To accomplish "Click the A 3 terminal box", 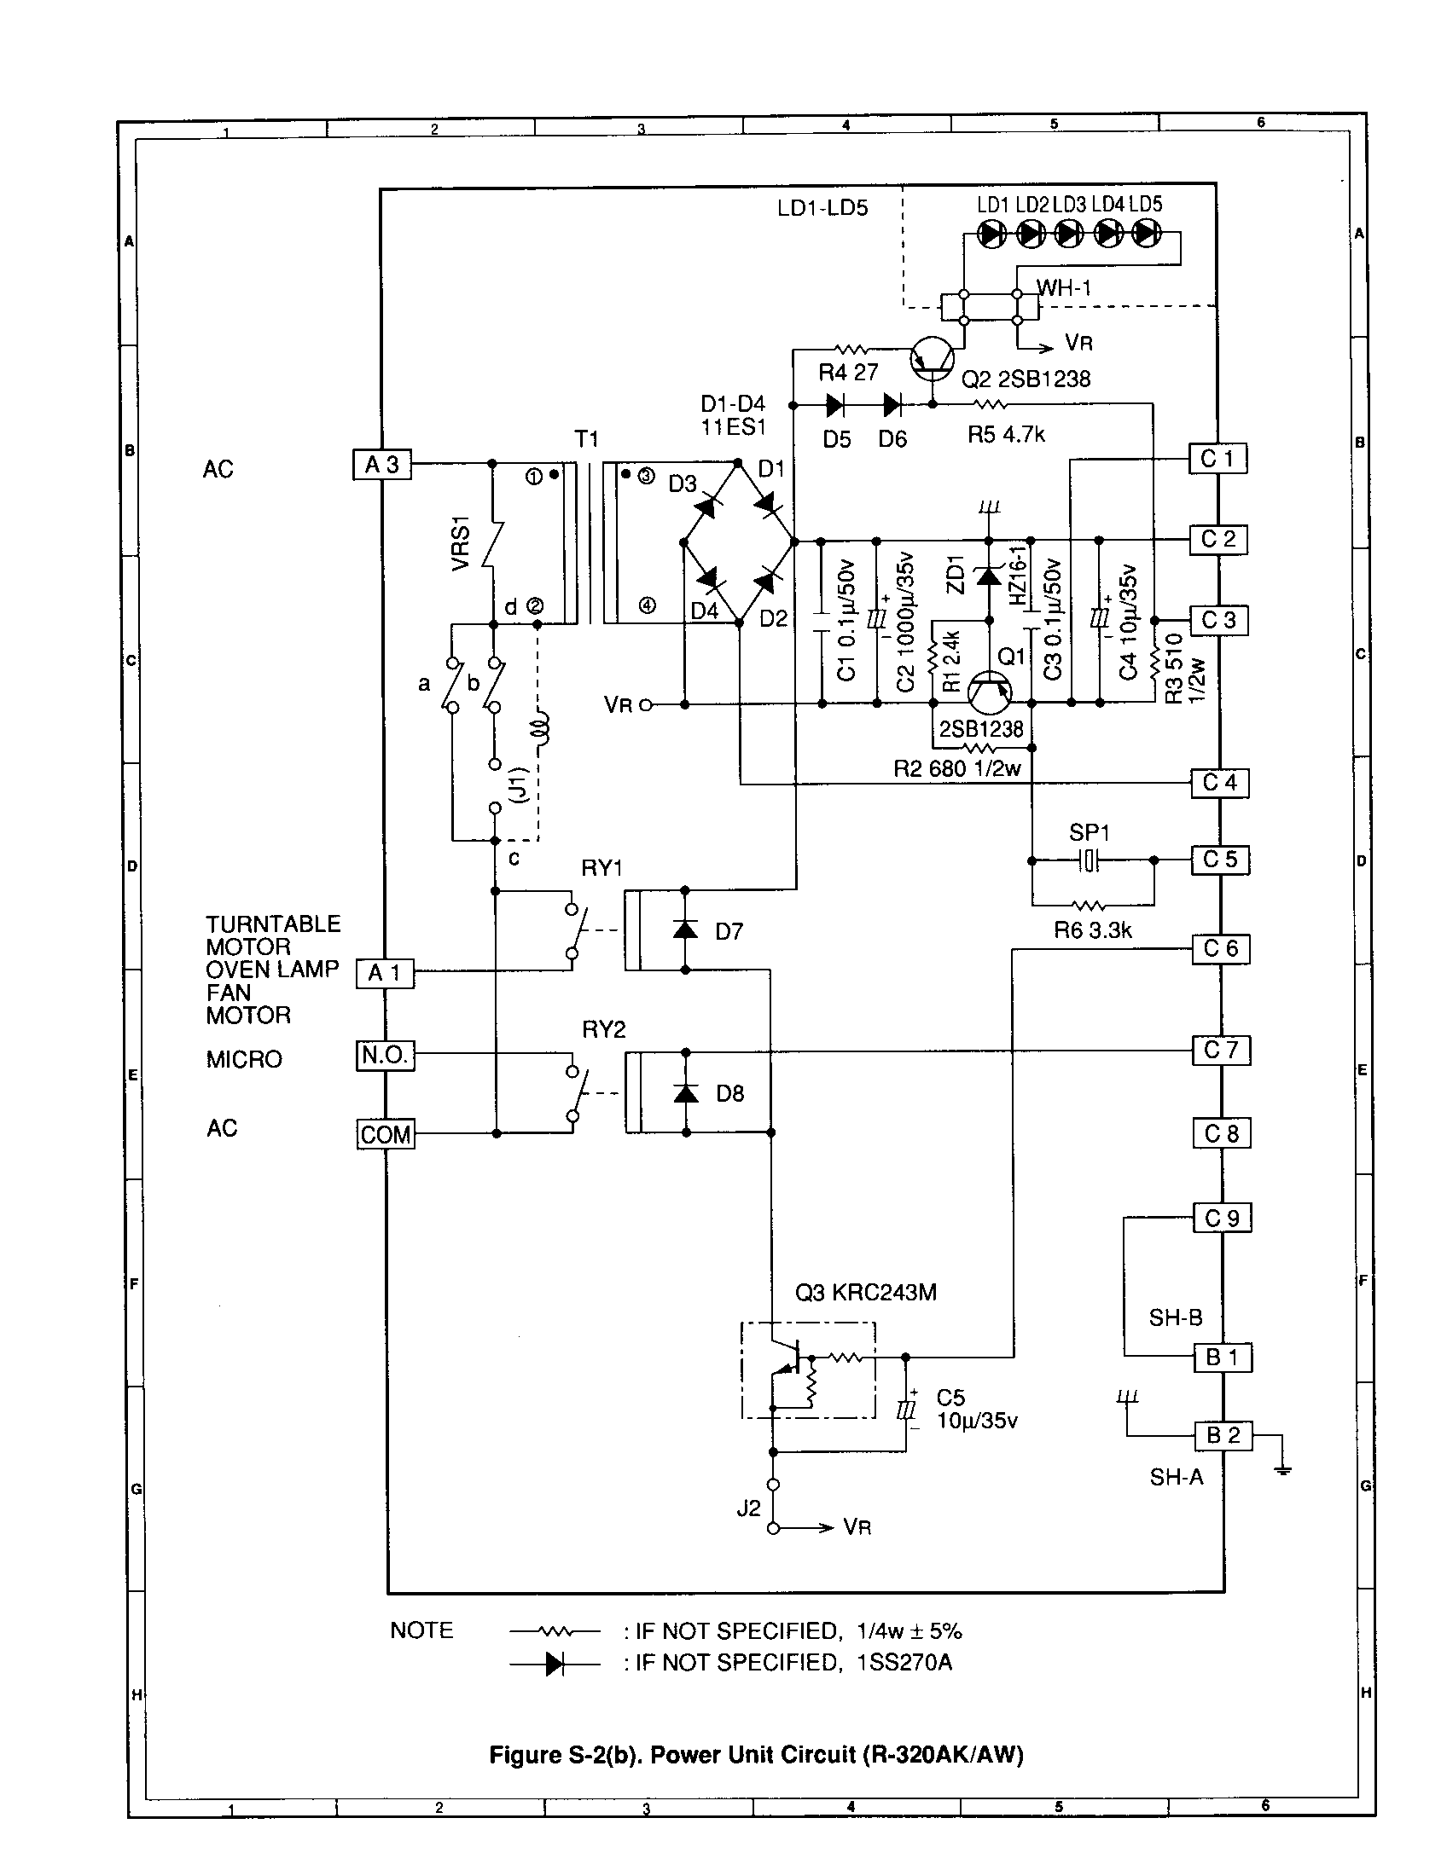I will (382, 465).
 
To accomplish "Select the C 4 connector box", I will (1219, 783).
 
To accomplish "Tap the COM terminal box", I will (386, 1134).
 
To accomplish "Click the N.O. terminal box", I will (385, 1055).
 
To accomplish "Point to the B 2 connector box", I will (1223, 1434).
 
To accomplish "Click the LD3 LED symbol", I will (1069, 234).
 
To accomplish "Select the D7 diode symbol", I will (685, 929).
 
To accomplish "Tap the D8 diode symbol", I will (685, 1092).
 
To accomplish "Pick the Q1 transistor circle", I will (990, 692).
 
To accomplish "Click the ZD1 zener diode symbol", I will (988, 576).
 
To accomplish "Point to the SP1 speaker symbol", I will (1089, 860).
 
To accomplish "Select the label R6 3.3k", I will (1093, 930).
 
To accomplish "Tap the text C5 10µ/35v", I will (976, 1410).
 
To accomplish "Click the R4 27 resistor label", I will (848, 373).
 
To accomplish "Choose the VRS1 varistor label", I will (461, 543).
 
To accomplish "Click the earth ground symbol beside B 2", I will (1282, 1470).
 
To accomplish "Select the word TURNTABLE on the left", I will (272, 924).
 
